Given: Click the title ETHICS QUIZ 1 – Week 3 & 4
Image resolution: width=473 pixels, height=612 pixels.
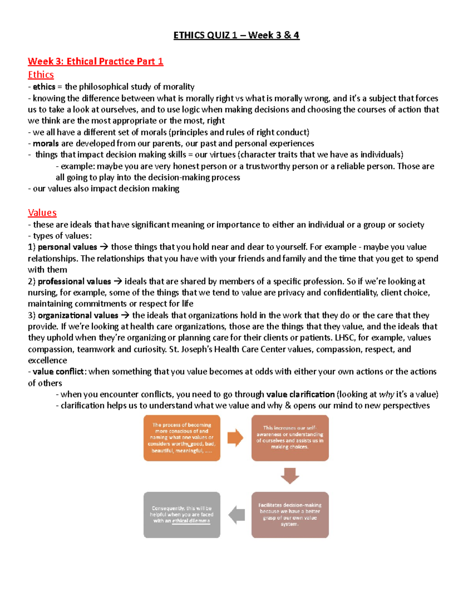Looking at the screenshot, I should tap(236, 35).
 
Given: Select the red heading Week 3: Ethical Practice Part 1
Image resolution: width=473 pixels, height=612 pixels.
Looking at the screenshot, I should tap(95, 61).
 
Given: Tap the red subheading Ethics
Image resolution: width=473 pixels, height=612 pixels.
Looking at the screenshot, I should tap(41, 75).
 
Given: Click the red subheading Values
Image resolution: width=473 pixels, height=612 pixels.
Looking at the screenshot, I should tap(42, 213).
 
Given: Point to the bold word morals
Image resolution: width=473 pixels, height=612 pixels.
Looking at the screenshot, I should tap(46, 143).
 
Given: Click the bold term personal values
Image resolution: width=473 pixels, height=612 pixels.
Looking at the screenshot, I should tap(67, 247).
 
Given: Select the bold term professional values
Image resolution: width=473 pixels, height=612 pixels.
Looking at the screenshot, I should tap(74, 281).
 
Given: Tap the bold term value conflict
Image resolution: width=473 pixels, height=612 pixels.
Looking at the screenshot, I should tap(58, 372).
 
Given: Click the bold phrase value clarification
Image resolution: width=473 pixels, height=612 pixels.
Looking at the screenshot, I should tap(300, 394).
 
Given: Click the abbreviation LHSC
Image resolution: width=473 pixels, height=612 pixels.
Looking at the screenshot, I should tap(345, 338).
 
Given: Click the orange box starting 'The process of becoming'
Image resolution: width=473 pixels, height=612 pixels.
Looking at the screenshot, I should tap(182, 438).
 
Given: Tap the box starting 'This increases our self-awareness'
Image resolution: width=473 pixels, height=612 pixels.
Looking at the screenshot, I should tap(290, 438).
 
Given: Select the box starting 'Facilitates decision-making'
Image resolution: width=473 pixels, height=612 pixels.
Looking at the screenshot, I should tap(290, 515).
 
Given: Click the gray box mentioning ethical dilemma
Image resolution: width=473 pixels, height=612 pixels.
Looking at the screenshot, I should tap(182, 515).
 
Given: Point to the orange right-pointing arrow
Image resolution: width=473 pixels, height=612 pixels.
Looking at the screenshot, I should tap(235, 438).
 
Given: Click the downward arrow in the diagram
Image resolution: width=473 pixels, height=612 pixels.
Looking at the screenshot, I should tap(290, 476).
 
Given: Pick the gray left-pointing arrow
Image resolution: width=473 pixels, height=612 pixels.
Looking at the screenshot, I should tap(237, 515).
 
